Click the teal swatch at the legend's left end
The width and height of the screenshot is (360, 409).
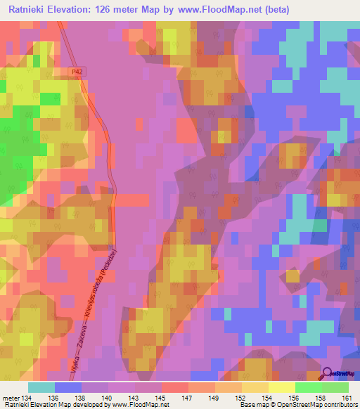tap(41, 387)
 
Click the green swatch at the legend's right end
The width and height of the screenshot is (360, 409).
tap(335, 387)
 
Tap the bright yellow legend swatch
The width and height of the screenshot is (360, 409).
tap(281, 387)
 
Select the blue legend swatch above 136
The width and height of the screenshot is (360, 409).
tap(68, 387)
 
